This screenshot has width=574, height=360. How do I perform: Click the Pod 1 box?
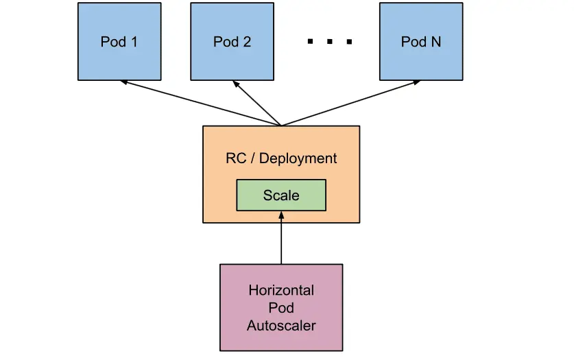coord(119,41)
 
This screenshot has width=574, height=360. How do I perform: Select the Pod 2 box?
coord(232,41)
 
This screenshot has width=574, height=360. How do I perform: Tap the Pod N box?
coord(420,41)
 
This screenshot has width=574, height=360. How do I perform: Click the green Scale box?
coord(281,195)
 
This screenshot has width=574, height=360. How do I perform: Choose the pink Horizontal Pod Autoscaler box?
coord(281,307)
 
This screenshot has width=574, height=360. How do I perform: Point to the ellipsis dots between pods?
coord(330,42)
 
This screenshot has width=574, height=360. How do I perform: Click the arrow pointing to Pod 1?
coord(199,104)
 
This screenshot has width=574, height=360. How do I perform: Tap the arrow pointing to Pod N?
coord(350,104)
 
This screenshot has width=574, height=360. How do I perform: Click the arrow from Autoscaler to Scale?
coord(281,240)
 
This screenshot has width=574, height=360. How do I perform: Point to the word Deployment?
coord(298,158)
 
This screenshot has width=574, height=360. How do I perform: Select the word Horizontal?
coord(281,289)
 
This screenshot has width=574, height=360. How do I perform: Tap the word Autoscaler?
coord(281,325)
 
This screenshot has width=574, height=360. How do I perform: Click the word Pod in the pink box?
coord(281,307)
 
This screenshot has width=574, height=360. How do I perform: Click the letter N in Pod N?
coord(435,42)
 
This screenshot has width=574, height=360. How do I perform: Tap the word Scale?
coord(281,195)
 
